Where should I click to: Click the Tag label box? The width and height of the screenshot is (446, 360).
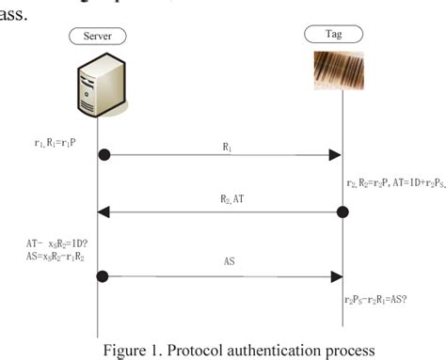tap(341, 35)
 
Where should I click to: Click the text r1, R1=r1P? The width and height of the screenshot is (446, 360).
tap(56, 143)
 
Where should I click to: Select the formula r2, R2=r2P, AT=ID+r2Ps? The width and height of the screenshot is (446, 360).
tap(393, 184)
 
